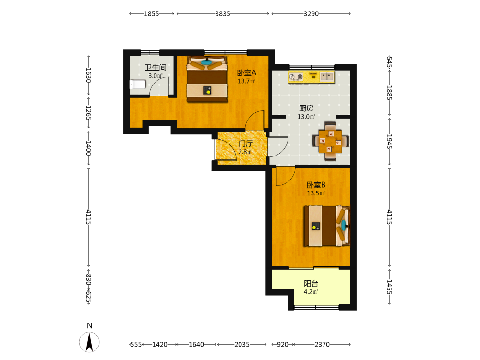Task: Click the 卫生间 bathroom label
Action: (156, 68)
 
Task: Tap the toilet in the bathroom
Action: (137, 84)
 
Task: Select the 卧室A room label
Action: (246, 73)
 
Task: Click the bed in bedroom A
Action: (207, 79)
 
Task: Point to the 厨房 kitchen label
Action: (306, 108)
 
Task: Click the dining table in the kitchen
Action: (331, 141)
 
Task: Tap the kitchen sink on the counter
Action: (326, 76)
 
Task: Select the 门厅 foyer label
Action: (245, 144)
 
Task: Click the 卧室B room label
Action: (316, 185)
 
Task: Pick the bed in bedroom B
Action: (326, 226)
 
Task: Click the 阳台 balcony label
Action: (311, 284)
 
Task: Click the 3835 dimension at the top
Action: (223, 14)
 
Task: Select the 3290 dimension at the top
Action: (311, 14)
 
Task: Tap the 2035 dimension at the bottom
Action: (242, 344)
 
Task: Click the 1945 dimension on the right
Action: (389, 142)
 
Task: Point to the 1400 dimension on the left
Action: (88, 148)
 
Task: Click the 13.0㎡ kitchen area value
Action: (306, 117)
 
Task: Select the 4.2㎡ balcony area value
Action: (311, 292)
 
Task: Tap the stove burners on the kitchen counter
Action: (296, 76)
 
